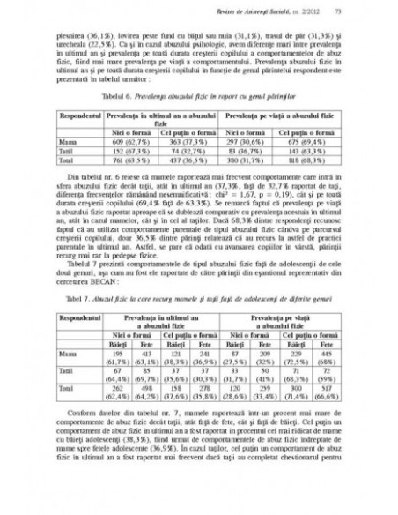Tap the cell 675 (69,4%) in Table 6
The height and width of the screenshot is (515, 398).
(x=309, y=140)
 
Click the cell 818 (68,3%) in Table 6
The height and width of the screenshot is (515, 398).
(x=309, y=161)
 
